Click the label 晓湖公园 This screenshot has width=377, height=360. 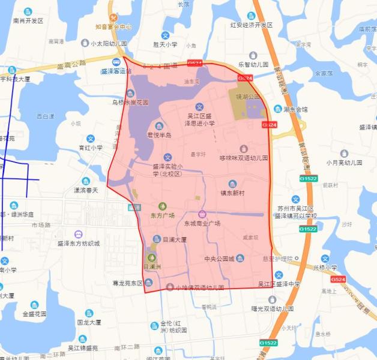[x=247, y=96]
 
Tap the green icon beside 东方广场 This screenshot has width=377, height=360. [x=161, y=206]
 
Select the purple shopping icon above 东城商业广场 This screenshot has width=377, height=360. [x=202, y=214]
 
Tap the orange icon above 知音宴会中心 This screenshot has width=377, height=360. [x=113, y=17]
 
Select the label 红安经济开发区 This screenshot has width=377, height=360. [x=252, y=25]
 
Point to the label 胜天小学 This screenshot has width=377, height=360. [x=165, y=44]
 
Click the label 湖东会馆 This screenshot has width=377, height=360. [x=295, y=110]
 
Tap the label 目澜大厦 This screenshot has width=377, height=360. [x=175, y=239]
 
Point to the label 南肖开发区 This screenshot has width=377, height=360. [x=28, y=20]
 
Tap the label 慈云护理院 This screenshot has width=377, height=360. [x=276, y=259]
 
